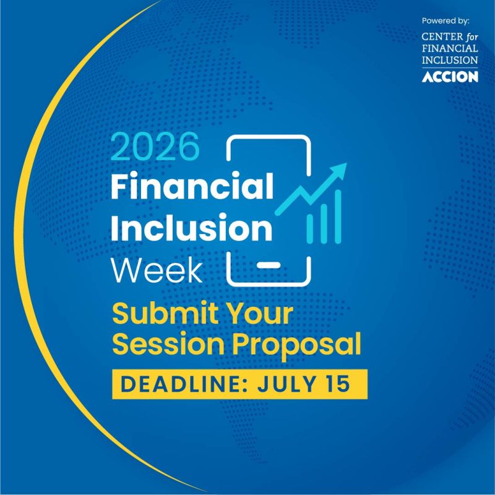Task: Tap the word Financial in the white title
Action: pyautogui.click(x=192, y=186)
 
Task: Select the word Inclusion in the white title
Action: pyautogui.click(x=191, y=227)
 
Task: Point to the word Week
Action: pyautogui.click(x=157, y=270)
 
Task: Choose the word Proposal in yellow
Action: pyautogui.click(x=297, y=345)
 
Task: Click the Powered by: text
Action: pyautogui.click(x=445, y=21)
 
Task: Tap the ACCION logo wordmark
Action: pyautogui.click(x=450, y=77)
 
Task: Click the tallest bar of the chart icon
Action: pyautogui.click(x=338, y=217)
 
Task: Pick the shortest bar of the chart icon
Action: pyautogui.click(x=310, y=229)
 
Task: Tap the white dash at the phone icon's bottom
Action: pyautogui.click(x=268, y=265)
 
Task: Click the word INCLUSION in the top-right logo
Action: pyautogui.click(x=450, y=60)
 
